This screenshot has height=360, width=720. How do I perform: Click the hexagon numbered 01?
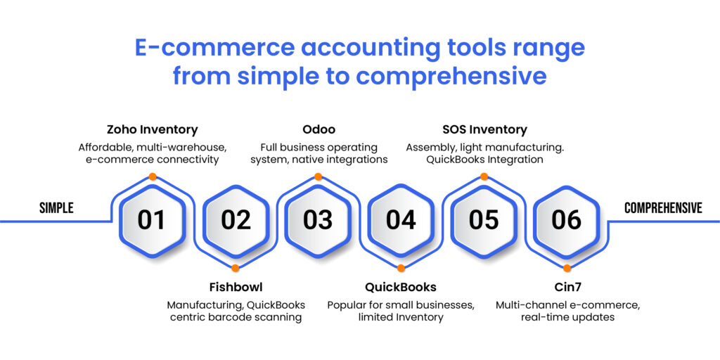[x=151, y=220]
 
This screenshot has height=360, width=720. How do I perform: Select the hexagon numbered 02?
[x=236, y=220]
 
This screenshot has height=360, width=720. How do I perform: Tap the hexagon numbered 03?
[x=318, y=220]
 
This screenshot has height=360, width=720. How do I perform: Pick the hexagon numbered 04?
[x=401, y=220]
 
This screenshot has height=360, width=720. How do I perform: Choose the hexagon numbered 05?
[x=484, y=220]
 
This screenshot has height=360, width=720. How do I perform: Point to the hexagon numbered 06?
[x=567, y=220]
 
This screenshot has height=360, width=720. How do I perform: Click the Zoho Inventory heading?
[x=152, y=129]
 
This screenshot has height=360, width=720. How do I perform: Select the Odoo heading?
[x=319, y=129]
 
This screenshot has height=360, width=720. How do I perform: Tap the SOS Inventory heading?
[x=484, y=129]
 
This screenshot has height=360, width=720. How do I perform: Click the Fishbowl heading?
[x=236, y=287]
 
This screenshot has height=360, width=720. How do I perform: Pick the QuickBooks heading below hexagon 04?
[x=401, y=287]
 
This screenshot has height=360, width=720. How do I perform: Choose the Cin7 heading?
[x=567, y=287]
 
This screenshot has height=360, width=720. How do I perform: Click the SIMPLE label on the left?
[x=56, y=208]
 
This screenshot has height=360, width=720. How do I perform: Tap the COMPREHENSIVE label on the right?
[x=663, y=208]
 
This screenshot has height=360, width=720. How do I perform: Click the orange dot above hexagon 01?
[x=153, y=176]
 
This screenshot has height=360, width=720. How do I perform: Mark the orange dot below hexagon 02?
[x=236, y=268]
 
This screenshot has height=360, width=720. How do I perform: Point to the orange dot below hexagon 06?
[x=567, y=268]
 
